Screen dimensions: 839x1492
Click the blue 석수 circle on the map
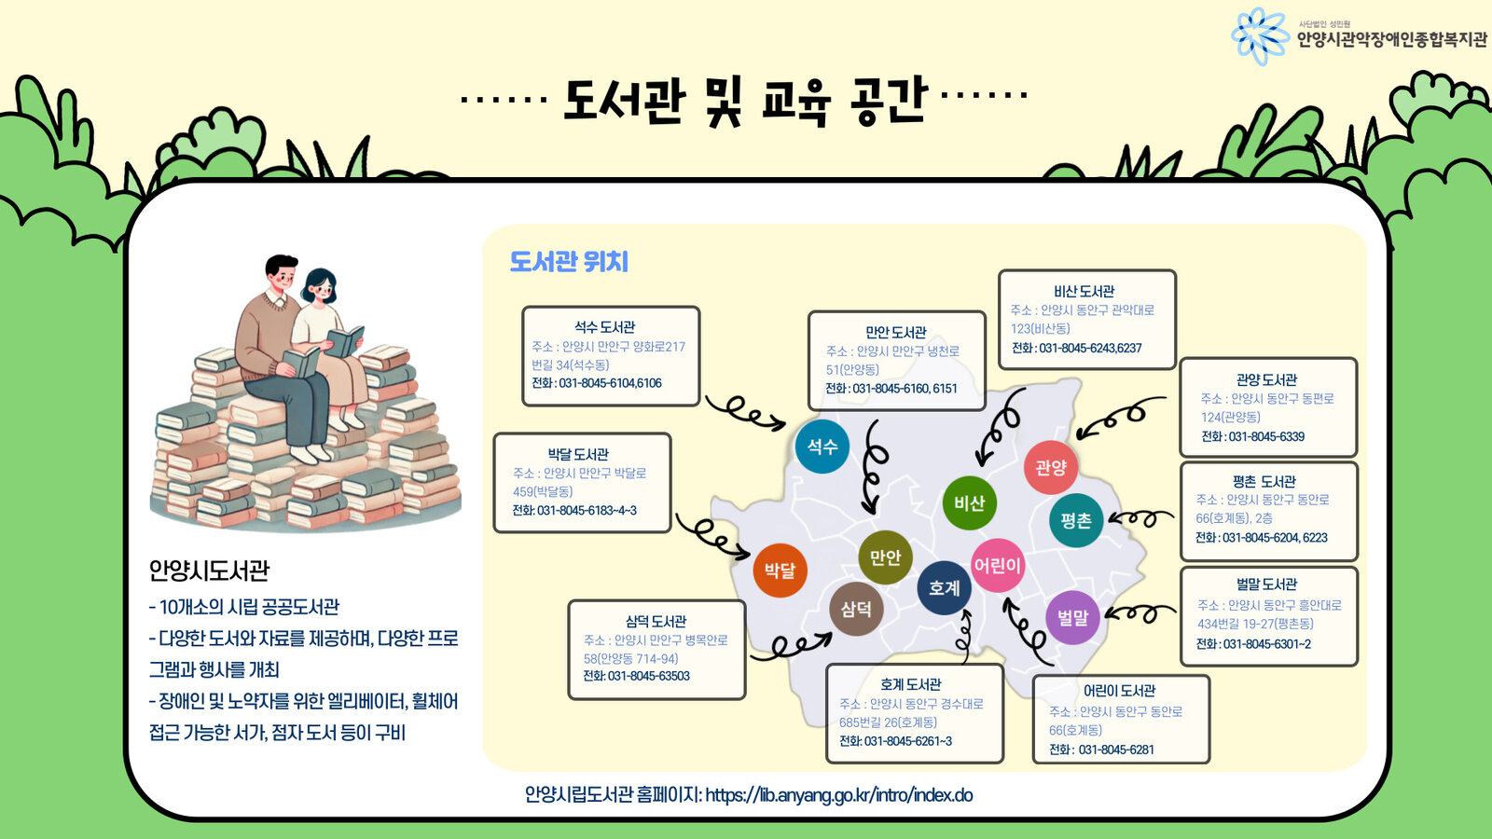(x=822, y=447)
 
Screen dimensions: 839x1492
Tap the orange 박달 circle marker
(x=780, y=570)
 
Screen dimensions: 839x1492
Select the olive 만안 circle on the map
(x=885, y=557)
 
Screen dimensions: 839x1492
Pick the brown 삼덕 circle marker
(x=856, y=609)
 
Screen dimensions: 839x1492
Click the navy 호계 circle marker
(x=945, y=588)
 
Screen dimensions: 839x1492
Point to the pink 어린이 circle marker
(x=998, y=565)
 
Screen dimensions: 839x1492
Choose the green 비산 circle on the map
(x=970, y=503)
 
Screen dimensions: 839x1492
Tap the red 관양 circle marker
(x=1051, y=467)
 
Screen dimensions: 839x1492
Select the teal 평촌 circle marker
(x=1076, y=520)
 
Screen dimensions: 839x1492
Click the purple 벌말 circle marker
(x=1073, y=617)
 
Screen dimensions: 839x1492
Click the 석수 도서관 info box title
(x=604, y=327)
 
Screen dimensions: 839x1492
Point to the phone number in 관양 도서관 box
(x=1252, y=436)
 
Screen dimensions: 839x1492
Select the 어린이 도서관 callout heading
(x=1119, y=691)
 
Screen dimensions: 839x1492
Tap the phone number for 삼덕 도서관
(x=636, y=676)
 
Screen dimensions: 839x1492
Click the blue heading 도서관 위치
(x=569, y=262)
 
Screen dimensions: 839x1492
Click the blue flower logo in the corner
(x=1260, y=36)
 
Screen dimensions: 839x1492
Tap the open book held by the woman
(x=344, y=341)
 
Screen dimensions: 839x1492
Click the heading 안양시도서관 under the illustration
(x=209, y=571)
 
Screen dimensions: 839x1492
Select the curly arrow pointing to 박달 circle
(x=713, y=534)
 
